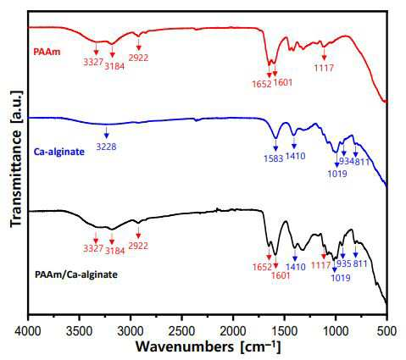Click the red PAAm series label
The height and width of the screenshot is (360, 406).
pyautogui.click(x=47, y=52)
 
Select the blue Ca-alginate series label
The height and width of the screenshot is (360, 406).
pyautogui.click(x=59, y=152)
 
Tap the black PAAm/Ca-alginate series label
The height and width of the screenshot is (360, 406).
pyautogui.click(x=76, y=274)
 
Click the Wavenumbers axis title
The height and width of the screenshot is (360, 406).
pyautogui.click(x=209, y=346)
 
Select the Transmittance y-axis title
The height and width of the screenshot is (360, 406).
pyautogui.click(x=16, y=159)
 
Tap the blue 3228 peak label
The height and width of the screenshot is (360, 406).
pyautogui.click(x=106, y=147)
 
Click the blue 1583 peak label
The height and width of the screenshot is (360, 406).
pyautogui.click(x=274, y=158)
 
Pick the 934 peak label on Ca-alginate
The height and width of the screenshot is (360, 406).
pyautogui.click(x=346, y=162)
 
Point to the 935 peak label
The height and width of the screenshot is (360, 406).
pyautogui.click(x=344, y=263)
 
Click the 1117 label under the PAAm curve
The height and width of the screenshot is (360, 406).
pyautogui.click(x=324, y=68)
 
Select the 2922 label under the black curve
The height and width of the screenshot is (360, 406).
pyautogui.click(x=138, y=246)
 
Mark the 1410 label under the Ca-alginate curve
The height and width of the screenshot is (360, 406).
pyautogui.click(x=296, y=156)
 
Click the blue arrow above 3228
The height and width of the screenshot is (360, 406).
pyautogui.click(x=106, y=132)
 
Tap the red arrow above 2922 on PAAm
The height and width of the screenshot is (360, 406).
pyautogui.click(x=138, y=45)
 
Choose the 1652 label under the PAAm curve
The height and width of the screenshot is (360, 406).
pyautogui.click(x=262, y=84)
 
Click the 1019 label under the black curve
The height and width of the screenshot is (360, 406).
pyautogui.click(x=341, y=278)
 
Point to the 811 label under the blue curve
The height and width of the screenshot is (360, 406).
pyautogui.click(x=362, y=162)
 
